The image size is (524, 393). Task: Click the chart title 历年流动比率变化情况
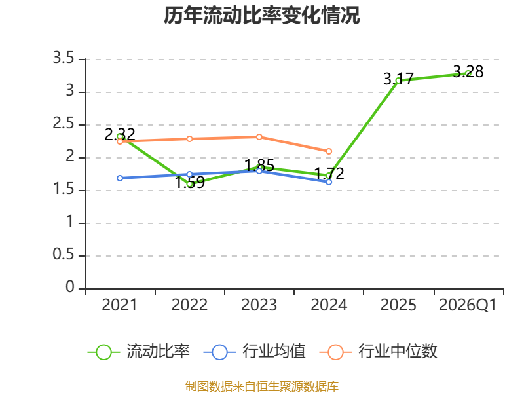click(x=261, y=15)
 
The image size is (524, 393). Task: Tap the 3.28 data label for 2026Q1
click(x=468, y=71)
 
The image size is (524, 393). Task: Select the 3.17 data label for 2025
click(x=398, y=79)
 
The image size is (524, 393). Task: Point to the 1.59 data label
click(x=190, y=183)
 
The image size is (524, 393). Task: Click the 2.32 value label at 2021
click(x=120, y=134)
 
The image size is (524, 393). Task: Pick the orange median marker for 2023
click(x=259, y=137)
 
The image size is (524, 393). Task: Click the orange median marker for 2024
click(x=329, y=151)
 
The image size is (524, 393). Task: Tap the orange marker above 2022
click(x=189, y=139)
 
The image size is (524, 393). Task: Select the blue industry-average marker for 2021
click(x=120, y=178)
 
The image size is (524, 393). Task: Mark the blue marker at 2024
click(x=329, y=182)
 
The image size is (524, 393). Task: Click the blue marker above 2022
click(x=189, y=174)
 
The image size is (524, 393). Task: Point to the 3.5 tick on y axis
click(x=64, y=58)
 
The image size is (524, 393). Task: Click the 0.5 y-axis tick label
click(x=64, y=255)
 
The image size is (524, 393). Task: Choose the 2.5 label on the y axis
click(x=64, y=124)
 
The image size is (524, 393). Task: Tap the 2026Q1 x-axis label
click(x=468, y=305)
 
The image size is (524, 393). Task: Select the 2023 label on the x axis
click(x=259, y=305)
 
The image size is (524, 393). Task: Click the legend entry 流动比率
click(x=139, y=352)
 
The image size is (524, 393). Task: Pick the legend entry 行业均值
click(x=255, y=352)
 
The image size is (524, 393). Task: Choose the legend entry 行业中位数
click(x=379, y=352)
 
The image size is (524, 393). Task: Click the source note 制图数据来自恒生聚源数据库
click(x=262, y=386)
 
